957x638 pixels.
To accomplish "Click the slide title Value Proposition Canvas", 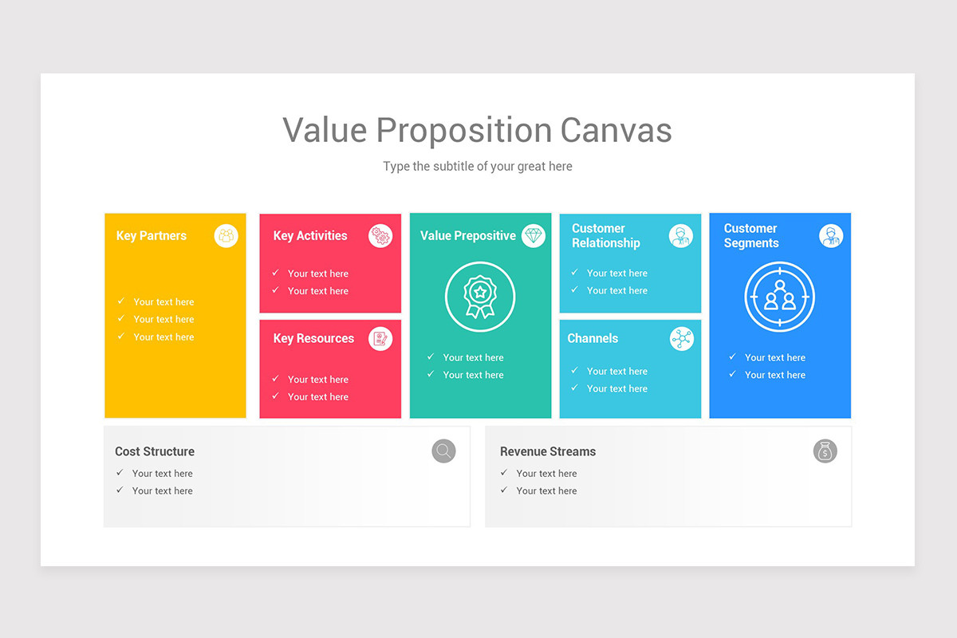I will point(477,130).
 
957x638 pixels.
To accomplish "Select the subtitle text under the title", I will point(477,167).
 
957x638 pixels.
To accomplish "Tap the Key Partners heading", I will point(151,236).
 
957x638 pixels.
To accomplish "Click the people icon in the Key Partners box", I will point(226,236).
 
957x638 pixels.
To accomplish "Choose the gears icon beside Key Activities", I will point(380,236).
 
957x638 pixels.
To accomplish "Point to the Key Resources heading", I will point(313,339).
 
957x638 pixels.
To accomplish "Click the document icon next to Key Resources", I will point(380,339).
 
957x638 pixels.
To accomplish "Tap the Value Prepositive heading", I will point(467,236).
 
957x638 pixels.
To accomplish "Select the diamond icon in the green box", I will point(534,236).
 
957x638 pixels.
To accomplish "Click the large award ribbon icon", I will point(480,297).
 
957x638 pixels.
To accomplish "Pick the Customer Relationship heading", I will point(606,236).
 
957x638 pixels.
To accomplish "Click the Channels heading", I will point(593,339).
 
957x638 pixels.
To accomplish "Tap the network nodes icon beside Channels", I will point(681,339).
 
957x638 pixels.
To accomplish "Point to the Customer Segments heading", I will point(751,236).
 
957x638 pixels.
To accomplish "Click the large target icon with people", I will point(779,297).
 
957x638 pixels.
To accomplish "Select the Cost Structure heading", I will point(155,451).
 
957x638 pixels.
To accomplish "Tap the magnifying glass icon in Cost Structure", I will point(443,451).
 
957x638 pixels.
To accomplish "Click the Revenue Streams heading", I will point(548,451).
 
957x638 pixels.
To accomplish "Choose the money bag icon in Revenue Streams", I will point(825,451).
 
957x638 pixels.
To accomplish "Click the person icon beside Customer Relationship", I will point(680,236).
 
